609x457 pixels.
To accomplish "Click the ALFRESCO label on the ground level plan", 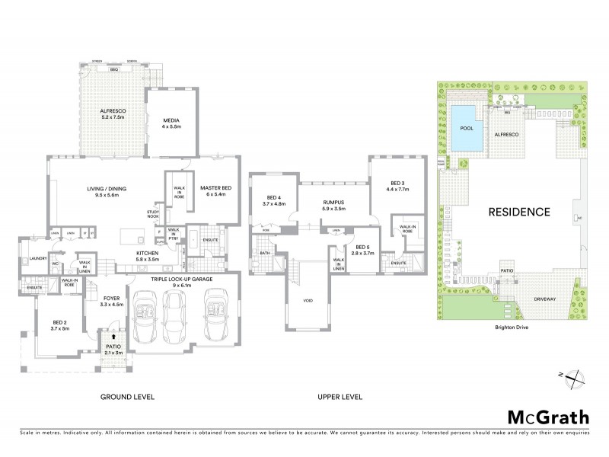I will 111,113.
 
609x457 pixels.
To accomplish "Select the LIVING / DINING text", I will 102,191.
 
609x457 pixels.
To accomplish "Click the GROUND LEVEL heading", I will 128,397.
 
